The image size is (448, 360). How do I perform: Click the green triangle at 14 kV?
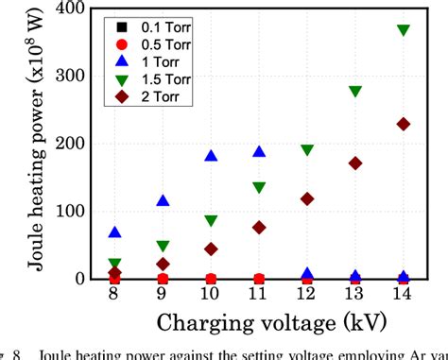coord(404,30)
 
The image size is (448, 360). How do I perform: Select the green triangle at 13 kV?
coord(355,92)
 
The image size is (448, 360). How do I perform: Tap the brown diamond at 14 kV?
coord(404,124)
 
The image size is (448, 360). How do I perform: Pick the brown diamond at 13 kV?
coord(355,163)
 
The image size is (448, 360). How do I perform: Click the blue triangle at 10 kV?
coord(211,156)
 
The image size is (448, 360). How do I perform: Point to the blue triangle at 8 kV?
coord(114,231)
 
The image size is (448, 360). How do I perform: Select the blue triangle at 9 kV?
coord(163,200)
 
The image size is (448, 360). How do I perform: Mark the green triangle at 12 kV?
coord(307,150)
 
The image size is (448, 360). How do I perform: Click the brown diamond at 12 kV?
coord(307,198)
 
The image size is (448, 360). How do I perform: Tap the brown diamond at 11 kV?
coord(259,228)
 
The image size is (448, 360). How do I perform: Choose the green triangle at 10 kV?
coord(211,221)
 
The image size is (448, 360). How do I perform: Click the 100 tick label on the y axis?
coord(75,212)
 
